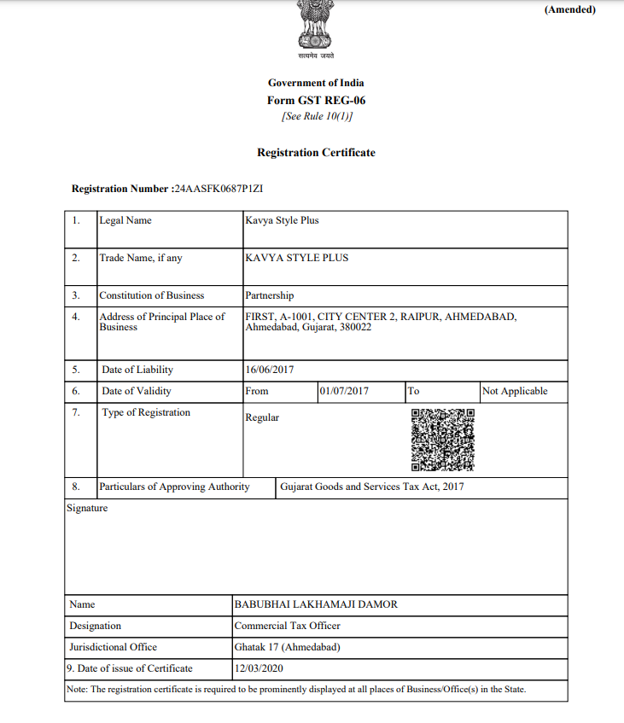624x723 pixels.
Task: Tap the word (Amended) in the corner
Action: [569, 10]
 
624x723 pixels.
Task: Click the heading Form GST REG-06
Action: [316, 100]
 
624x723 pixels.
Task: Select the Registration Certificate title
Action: [316, 153]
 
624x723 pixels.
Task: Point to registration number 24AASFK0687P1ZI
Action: [224, 189]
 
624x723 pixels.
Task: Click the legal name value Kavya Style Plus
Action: [282, 220]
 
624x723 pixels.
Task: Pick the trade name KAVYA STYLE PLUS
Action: [296, 258]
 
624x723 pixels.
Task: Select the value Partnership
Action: [269, 295]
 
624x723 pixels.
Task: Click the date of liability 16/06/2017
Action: [269, 370]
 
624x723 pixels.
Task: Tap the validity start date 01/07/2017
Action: [344, 391]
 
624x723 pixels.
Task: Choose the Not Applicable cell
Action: [515, 391]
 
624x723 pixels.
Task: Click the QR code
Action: [442, 440]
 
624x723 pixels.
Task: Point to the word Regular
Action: [262, 417]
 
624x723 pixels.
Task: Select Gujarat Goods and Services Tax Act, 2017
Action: [372, 487]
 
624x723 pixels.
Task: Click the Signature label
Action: [87, 508]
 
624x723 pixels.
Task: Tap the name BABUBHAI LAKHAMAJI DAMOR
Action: [316, 604]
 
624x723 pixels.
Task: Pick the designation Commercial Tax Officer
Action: [287, 626]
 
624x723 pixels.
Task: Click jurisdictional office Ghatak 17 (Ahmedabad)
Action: [287, 647]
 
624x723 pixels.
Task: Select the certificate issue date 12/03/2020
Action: [259, 668]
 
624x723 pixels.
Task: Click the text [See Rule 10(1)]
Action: [316, 116]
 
